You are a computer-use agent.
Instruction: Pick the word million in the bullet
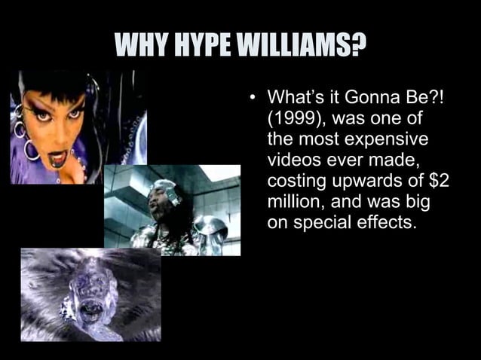[293, 203]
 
